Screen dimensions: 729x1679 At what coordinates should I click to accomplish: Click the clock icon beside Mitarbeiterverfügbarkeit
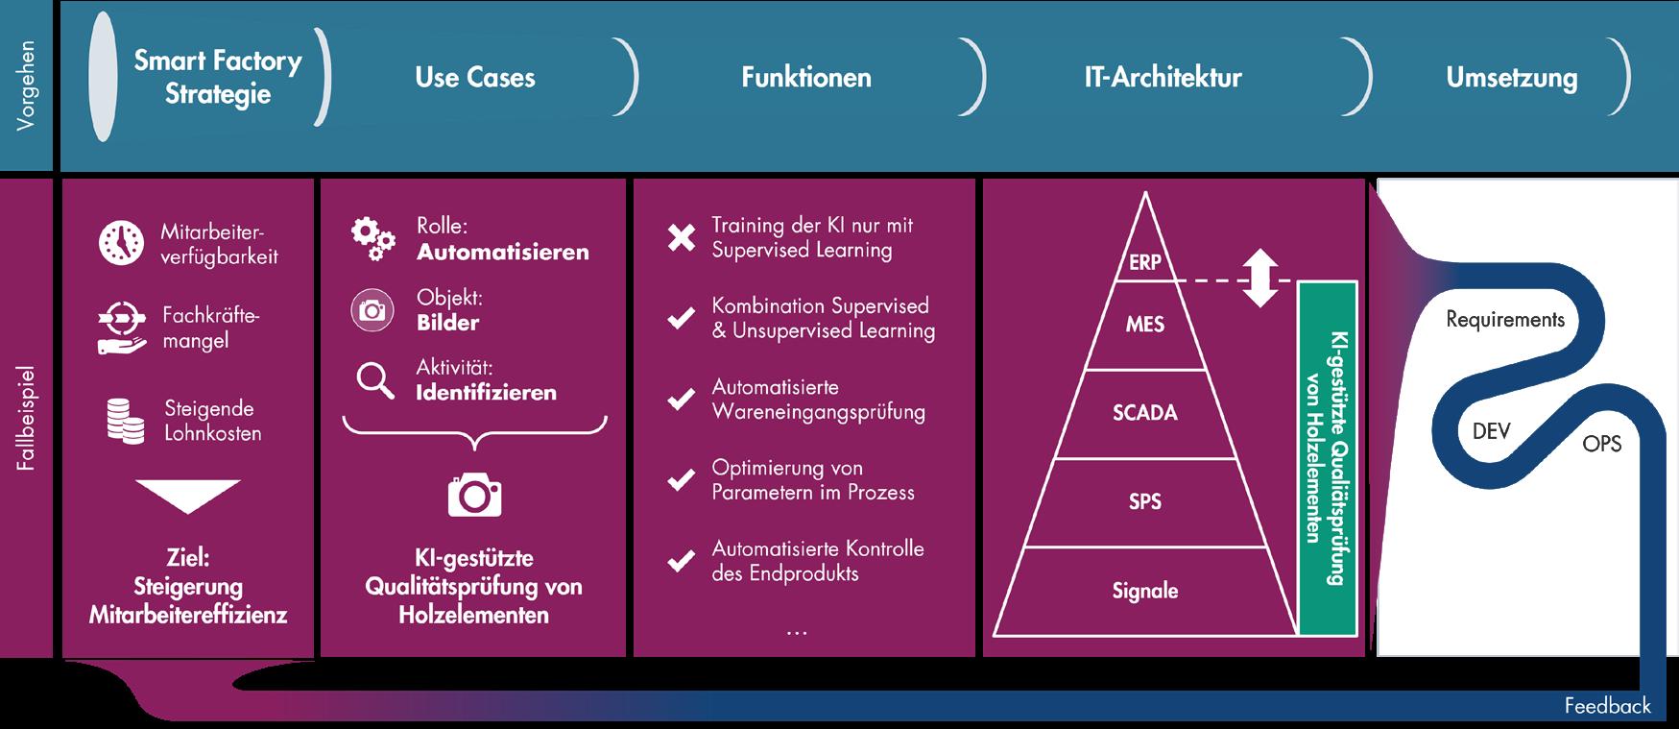click(x=122, y=243)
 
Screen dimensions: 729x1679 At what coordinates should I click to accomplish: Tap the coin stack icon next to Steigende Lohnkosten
click(x=125, y=421)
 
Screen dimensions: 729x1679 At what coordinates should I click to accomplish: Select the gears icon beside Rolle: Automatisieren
click(x=372, y=238)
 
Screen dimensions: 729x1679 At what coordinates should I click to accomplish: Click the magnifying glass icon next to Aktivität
click(x=374, y=380)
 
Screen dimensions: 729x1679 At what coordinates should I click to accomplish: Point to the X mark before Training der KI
click(x=682, y=237)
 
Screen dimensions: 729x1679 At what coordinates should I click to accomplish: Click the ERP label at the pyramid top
click(x=1144, y=262)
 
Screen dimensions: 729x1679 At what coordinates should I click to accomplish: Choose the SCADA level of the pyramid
click(x=1144, y=413)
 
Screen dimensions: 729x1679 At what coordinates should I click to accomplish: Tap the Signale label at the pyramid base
click(x=1144, y=591)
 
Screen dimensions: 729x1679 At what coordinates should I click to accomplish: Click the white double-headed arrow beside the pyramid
click(x=1260, y=278)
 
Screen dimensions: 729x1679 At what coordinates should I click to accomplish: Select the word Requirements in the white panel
click(x=1504, y=320)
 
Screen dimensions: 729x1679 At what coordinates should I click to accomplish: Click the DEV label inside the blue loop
click(x=1491, y=431)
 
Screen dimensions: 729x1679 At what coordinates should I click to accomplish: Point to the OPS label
click(x=1601, y=444)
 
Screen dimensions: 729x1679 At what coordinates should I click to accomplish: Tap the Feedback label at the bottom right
click(x=1607, y=706)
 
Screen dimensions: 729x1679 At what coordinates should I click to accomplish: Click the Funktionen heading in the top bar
click(x=805, y=78)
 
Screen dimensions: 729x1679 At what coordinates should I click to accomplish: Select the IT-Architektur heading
click(x=1163, y=78)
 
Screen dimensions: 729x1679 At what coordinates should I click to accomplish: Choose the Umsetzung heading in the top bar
click(x=1511, y=79)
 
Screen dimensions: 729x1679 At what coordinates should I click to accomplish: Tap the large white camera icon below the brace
click(x=474, y=494)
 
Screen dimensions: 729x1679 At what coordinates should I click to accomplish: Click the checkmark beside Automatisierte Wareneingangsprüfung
click(x=682, y=399)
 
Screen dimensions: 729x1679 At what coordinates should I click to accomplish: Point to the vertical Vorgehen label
click(x=27, y=85)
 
